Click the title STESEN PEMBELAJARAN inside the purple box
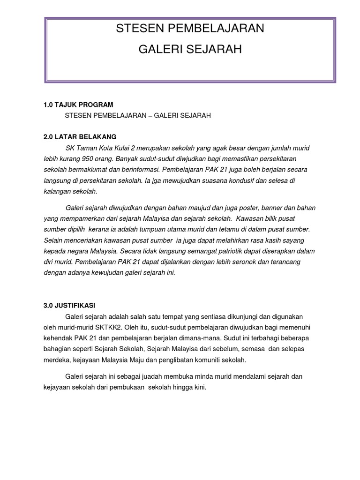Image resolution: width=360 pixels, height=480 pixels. [x=190, y=29]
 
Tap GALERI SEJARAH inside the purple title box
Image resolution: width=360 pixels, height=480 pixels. [x=190, y=49]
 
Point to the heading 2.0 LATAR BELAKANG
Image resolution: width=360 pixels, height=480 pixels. [x=80, y=137]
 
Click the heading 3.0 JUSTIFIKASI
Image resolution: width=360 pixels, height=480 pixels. [x=69, y=305]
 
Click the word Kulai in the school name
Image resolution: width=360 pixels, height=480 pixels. [x=127, y=148]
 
